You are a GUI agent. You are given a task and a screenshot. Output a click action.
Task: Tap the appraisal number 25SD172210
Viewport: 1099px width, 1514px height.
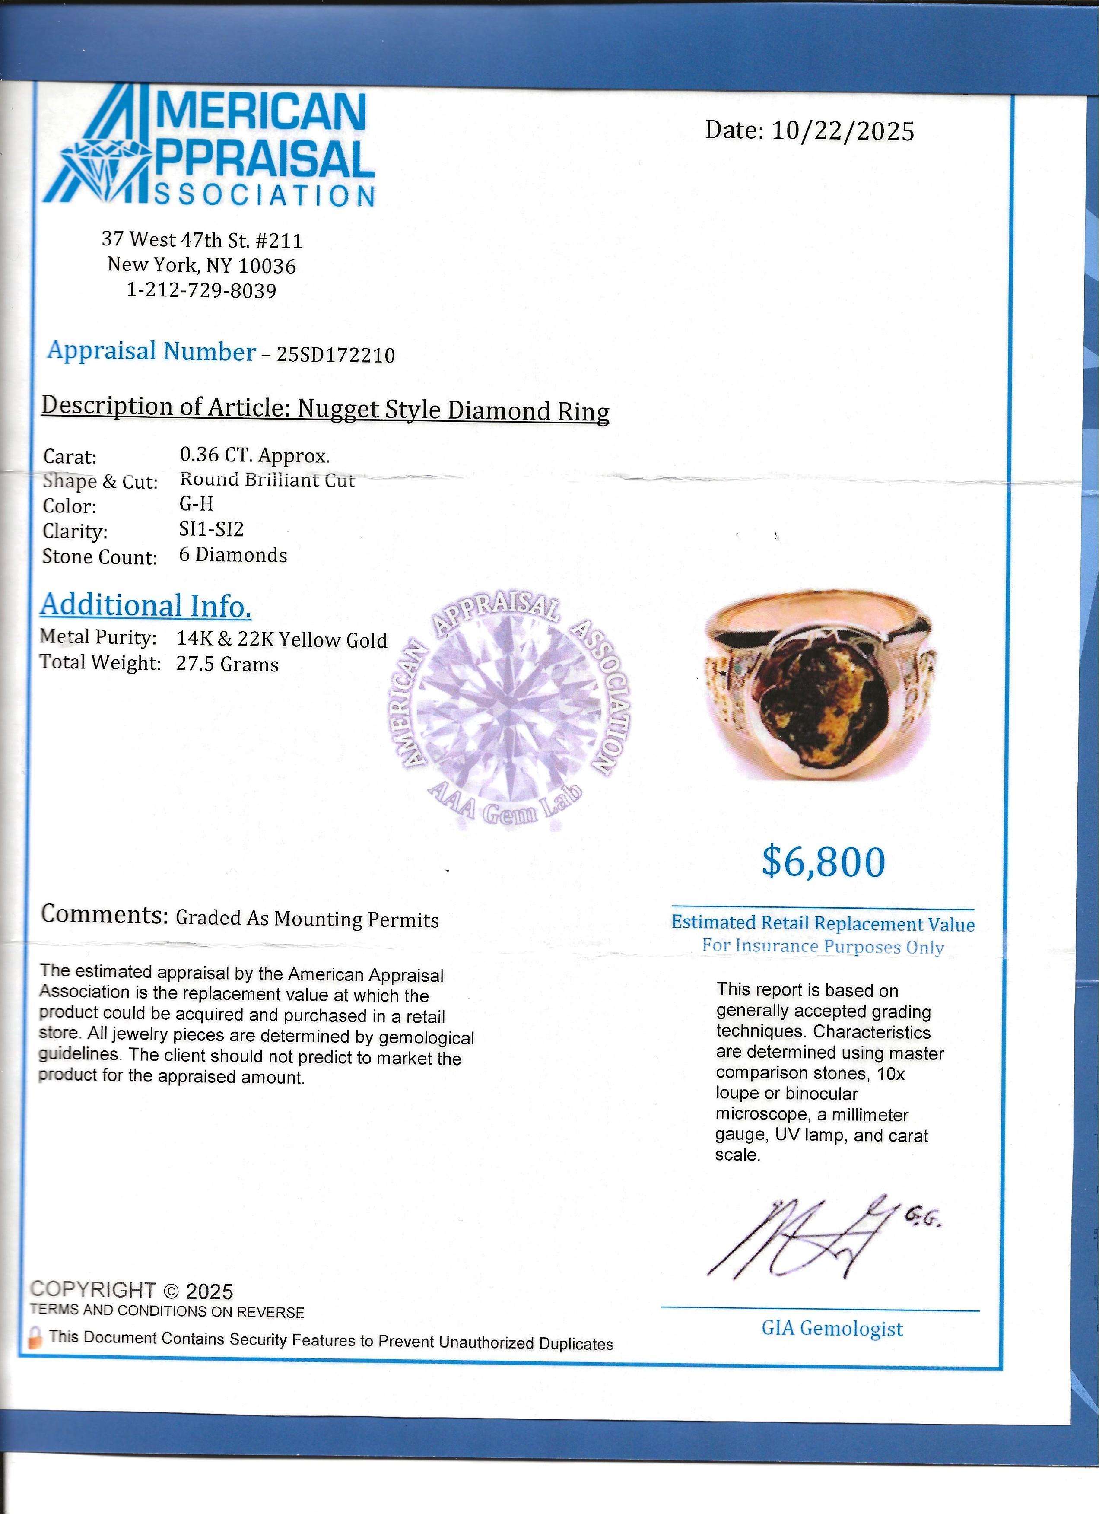336,354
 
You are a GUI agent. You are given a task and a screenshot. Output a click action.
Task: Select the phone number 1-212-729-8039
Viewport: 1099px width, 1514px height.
201,290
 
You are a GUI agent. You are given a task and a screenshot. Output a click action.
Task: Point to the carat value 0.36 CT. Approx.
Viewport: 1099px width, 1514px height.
254,455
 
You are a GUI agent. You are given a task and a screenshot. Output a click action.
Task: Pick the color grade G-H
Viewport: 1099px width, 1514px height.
196,504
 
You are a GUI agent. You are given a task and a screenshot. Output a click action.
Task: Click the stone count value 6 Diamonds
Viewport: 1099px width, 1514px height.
233,555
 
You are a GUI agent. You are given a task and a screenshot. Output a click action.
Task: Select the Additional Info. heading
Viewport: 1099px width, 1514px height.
146,605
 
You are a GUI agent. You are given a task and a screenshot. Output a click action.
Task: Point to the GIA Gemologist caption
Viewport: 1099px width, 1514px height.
832,1328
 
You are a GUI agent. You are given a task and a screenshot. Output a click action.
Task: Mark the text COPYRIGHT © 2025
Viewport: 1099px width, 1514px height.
131,1290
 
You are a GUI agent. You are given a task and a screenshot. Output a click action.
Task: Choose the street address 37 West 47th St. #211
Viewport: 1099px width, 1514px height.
201,239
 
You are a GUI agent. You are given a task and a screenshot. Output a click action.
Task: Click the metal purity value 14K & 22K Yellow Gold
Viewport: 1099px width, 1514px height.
282,639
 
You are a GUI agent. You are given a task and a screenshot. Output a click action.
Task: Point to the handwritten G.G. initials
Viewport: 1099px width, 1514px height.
923,1220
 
